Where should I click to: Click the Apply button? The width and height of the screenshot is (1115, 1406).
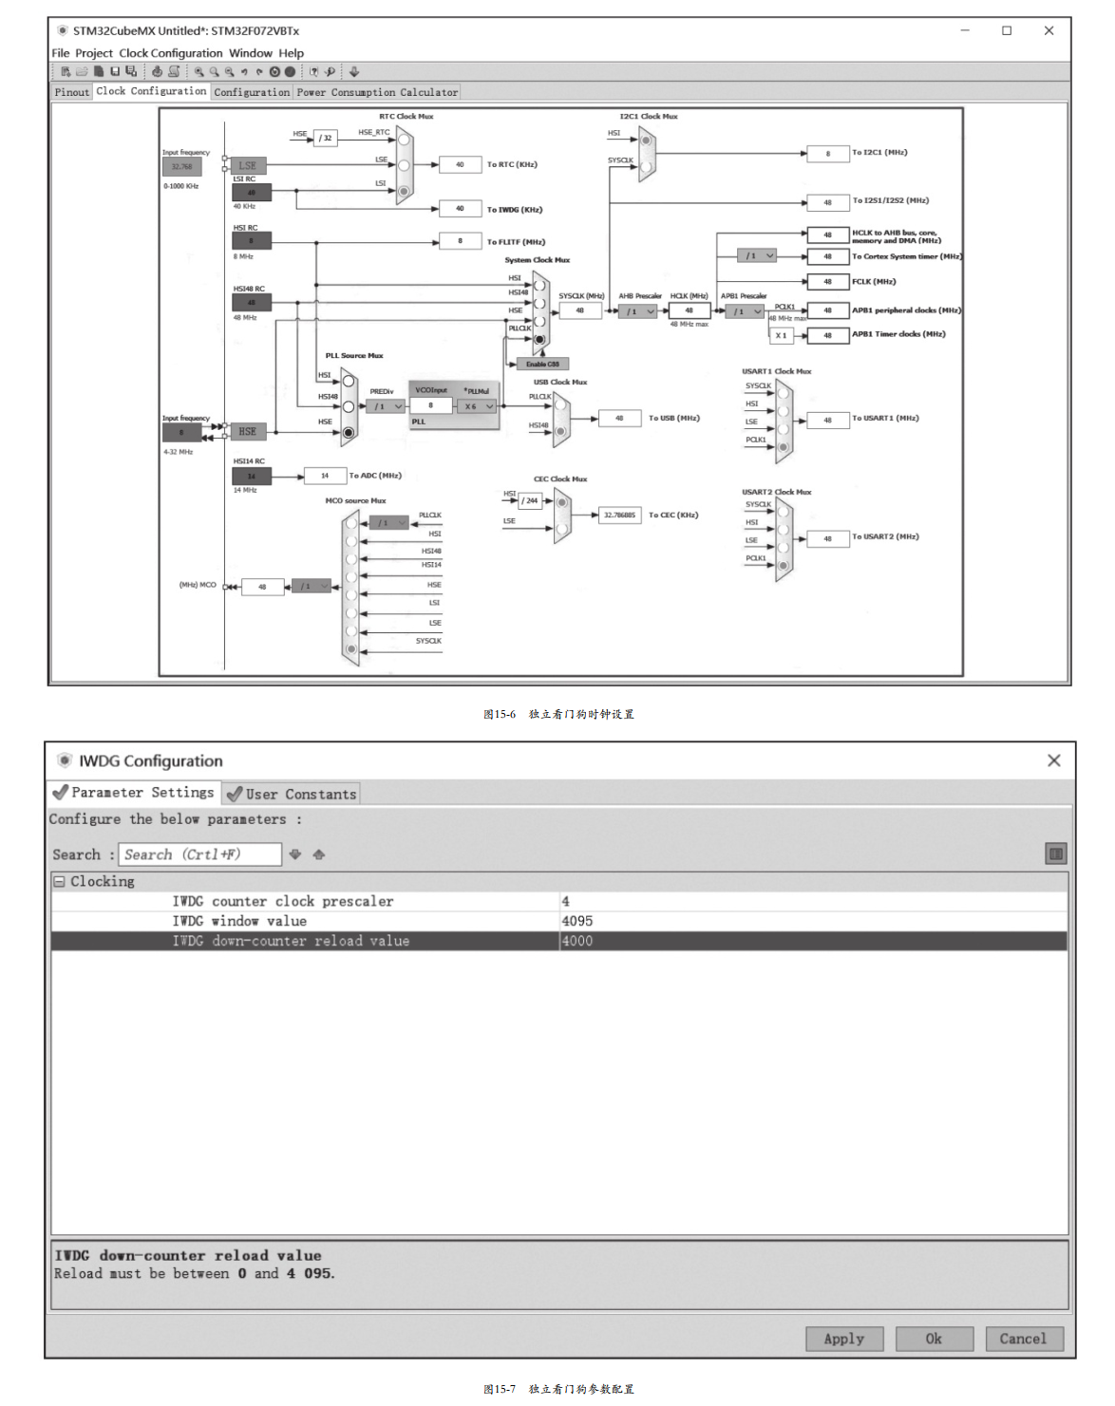843,1339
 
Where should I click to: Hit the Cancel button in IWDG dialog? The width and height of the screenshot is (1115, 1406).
1023,1339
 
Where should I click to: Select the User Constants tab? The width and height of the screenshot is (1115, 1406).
292,794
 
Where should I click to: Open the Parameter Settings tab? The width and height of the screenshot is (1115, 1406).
134,792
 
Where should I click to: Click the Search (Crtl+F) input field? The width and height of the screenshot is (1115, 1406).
199,854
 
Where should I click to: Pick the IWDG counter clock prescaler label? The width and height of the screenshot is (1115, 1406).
282,901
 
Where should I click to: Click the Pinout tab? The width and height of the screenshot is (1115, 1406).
71,92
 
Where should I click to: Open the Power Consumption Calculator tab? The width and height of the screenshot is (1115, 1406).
377,92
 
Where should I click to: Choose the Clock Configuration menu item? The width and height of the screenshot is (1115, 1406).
171,53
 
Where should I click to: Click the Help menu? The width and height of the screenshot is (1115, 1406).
291,53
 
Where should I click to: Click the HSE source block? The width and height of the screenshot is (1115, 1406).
247,432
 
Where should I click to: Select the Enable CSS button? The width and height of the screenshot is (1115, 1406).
542,364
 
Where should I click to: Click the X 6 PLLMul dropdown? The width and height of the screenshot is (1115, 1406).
478,406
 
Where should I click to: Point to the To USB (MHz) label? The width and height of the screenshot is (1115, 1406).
674,418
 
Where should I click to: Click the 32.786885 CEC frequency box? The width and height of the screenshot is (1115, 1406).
619,516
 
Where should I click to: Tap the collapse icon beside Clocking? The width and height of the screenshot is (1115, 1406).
59,881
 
